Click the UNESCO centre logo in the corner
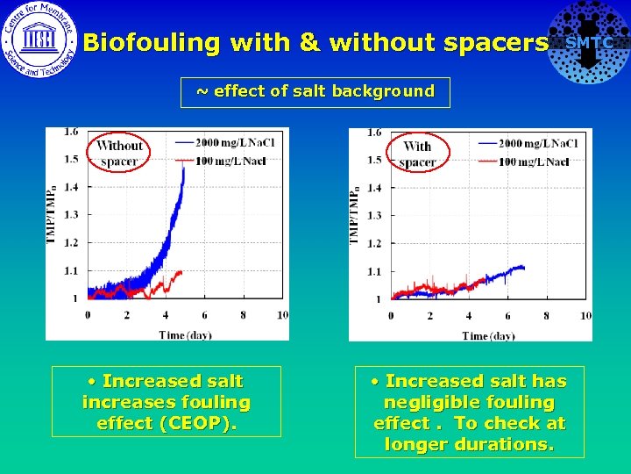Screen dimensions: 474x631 (39, 40)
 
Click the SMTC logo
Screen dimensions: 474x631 (588, 42)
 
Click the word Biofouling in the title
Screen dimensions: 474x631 (152, 42)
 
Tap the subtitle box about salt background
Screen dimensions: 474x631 (315, 91)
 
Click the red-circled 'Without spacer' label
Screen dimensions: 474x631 (119, 154)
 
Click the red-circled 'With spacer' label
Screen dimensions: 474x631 (417, 154)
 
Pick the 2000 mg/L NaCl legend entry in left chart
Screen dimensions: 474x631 (223, 142)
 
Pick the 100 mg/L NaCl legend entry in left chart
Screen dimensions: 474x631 (223, 161)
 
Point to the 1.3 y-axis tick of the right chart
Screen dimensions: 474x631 (374, 215)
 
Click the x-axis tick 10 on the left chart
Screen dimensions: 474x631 (281, 314)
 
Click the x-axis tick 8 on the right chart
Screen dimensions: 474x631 (546, 315)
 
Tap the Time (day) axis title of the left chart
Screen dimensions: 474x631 (183, 334)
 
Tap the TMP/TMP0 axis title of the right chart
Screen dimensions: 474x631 (356, 214)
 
